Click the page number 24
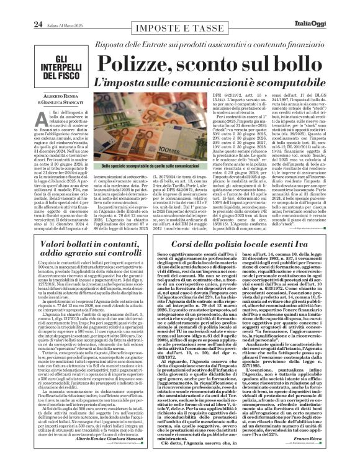pos(21,7)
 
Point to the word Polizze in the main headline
pos(137,63)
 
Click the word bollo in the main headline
pos(307,63)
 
